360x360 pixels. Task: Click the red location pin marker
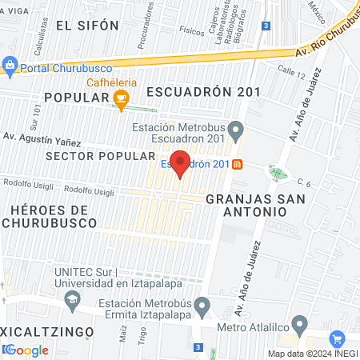[180, 163]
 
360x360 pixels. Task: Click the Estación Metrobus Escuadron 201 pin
[235, 129]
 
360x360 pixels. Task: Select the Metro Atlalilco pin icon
[300, 326]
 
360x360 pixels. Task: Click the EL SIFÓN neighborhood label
[88, 26]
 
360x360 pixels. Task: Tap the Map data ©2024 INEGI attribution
[311, 353]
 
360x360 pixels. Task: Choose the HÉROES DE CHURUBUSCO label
[50, 215]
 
